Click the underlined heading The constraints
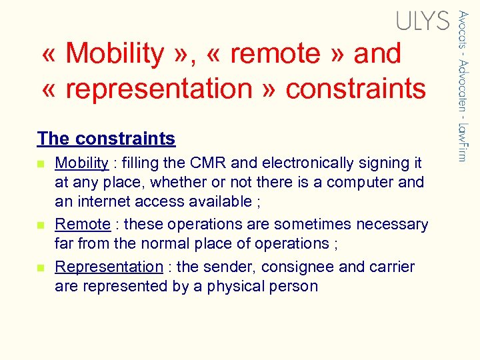106,139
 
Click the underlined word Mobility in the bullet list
81,163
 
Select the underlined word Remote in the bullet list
82,224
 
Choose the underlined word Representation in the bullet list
109,267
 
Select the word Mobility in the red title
115,53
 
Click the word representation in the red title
156,88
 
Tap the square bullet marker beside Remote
41,225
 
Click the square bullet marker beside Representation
41,267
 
